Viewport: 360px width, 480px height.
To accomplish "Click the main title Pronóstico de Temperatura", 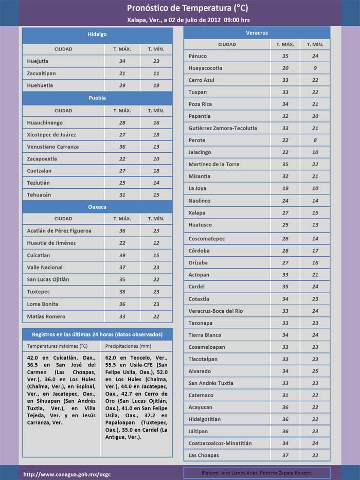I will (x=181, y=8).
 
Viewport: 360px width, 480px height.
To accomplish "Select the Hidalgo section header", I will (x=97, y=34).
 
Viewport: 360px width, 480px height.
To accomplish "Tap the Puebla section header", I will (x=97, y=98).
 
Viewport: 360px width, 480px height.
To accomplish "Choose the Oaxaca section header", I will (x=97, y=206).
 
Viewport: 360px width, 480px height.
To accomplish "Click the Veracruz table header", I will (x=257, y=33).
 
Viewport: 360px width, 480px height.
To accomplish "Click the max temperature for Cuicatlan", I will (x=122, y=255).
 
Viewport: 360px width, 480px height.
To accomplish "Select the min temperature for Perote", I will (x=315, y=140).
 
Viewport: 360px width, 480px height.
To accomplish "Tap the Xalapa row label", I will (x=196, y=213).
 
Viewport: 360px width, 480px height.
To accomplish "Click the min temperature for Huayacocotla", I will (x=315, y=68).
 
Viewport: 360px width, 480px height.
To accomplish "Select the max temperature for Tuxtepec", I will (x=122, y=292).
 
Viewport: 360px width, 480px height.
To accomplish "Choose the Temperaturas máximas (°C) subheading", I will (x=58, y=346).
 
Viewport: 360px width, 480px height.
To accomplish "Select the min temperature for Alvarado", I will (x=315, y=371).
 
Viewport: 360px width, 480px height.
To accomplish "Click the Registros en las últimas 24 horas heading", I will (x=97, y=334).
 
